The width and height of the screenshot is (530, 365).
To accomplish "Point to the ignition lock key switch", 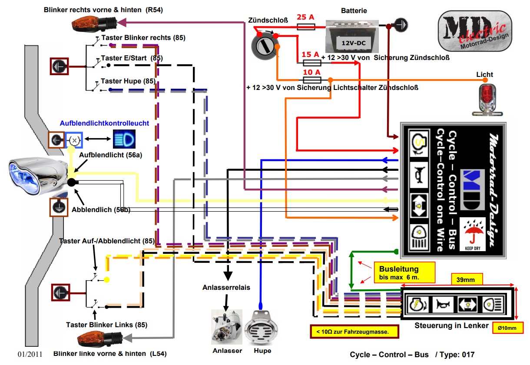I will (x=263, y=46).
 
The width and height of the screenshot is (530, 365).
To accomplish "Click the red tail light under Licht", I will (x=485, y=98).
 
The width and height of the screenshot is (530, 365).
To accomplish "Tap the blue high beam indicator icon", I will (x=124, y=139).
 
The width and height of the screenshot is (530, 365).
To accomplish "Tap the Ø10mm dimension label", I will (x=507, y=328).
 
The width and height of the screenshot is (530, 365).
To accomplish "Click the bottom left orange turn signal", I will (x=99, y=338).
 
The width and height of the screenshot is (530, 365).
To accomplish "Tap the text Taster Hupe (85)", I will (x=128, y=81).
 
